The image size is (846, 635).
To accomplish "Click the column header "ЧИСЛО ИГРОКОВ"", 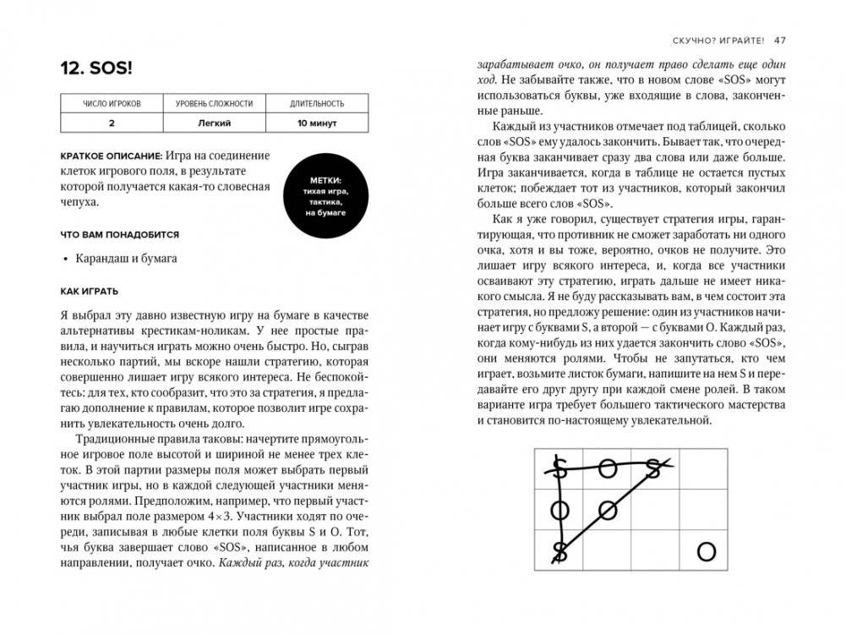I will coord(112,104).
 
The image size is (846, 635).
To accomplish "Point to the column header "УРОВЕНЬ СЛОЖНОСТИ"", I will coord(214,104).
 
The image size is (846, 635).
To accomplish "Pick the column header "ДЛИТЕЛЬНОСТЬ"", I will coord(317,104).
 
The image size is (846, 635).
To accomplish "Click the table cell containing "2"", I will coord(112,123).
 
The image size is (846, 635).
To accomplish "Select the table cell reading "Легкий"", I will coord(214,123).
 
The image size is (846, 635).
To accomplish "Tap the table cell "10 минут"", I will coord(317,123).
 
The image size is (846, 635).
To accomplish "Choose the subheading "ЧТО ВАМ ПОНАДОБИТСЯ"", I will coord(119,234).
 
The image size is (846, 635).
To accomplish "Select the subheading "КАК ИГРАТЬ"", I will coord(95,290).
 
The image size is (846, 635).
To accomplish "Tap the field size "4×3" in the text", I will coord(225,516).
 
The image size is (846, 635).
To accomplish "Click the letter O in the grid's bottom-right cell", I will coord(706,552).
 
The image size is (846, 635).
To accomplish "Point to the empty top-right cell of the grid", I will coord(703,468).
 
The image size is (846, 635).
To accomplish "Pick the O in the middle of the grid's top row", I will coord(608,468).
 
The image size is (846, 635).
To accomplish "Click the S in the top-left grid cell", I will coord(559,468).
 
